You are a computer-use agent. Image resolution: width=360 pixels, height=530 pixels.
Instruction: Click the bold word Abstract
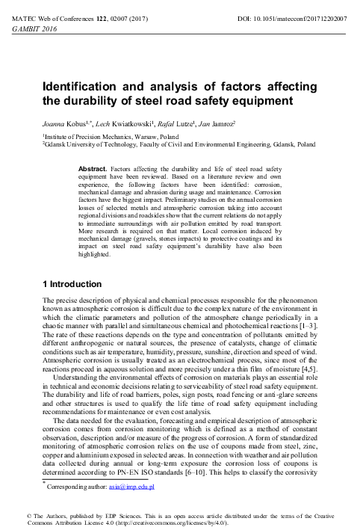coord(93,170)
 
